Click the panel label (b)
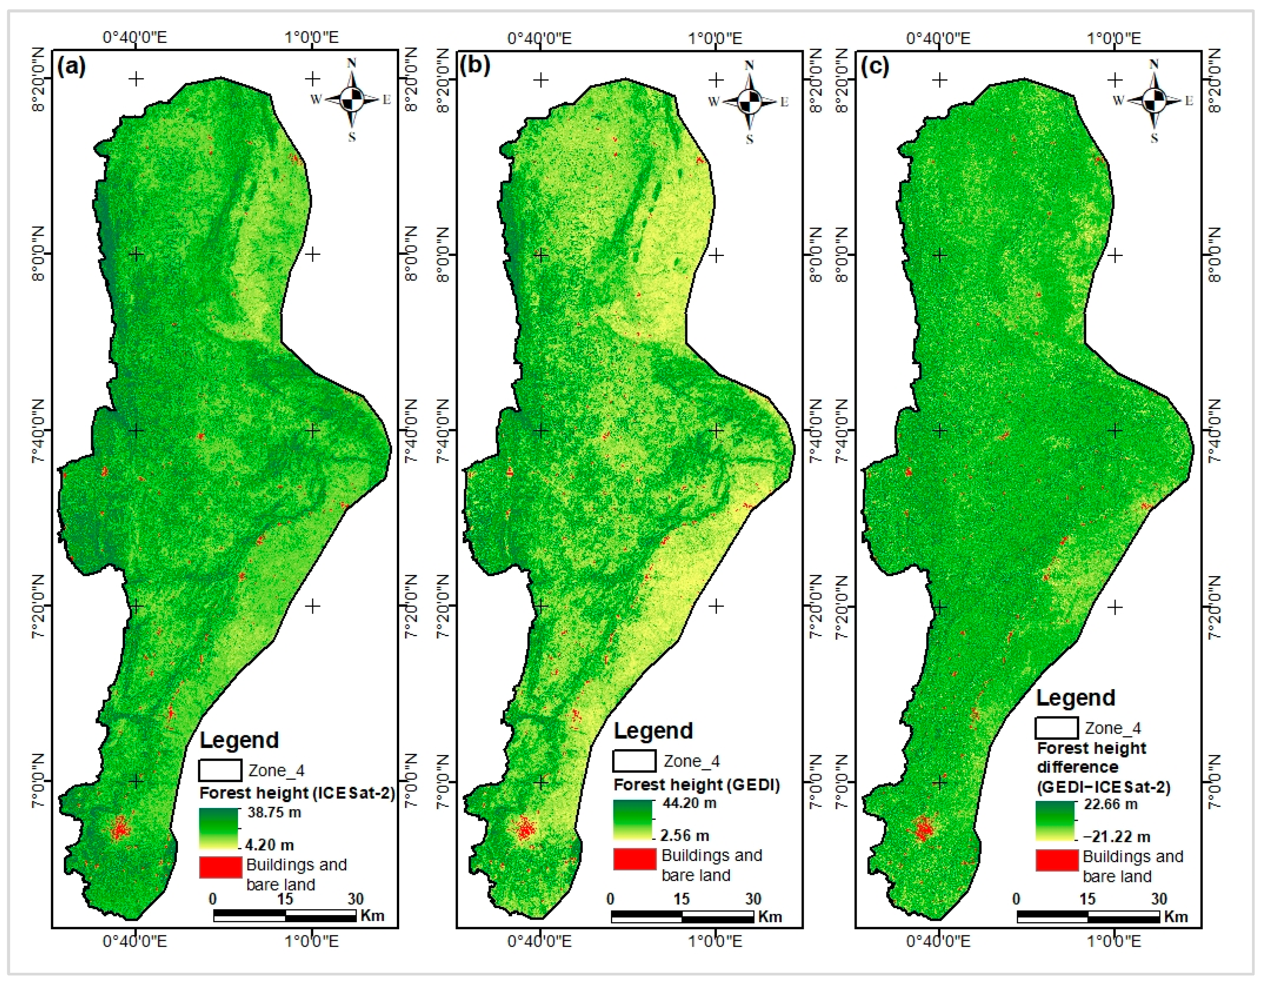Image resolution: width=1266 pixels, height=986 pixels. coord(474,65)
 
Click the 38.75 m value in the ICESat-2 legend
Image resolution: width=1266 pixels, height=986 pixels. coord(274,812)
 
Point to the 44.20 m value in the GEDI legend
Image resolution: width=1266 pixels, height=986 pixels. coord(689,803)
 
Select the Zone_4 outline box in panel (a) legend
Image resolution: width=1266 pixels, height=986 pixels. coord(220,770)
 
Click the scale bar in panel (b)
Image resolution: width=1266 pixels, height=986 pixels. coord(682,916)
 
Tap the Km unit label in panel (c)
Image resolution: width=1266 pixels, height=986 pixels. coord(1176,916)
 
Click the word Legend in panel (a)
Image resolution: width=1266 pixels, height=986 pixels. coord(239,740)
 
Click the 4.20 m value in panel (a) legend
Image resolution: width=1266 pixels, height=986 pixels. coord(269,845)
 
